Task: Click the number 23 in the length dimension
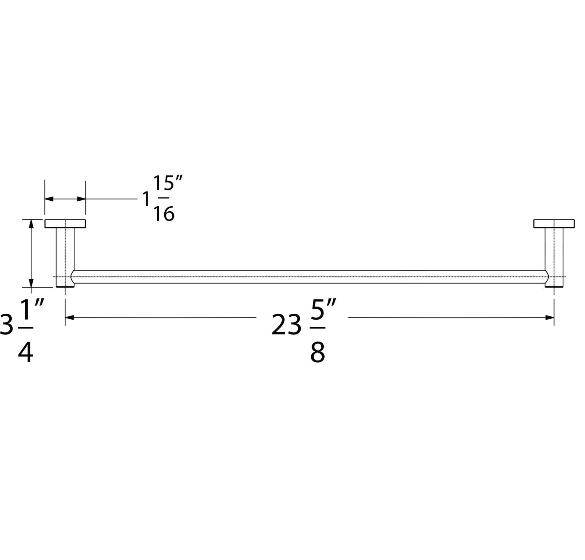pos(286,325)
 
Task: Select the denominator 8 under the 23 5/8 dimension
pos(318,352)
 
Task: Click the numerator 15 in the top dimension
pos(163,183)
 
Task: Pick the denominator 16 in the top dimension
pos(164,214)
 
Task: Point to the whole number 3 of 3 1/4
pos(7,325)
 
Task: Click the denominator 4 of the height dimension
pos(26,352)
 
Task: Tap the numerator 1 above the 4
pos(26,310)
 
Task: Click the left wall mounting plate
pos(65,223)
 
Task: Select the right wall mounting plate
pos(554,223)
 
